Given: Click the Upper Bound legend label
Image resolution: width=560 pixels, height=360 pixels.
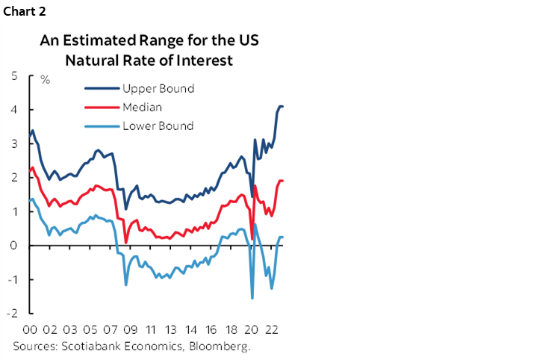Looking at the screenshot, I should pos(158,89).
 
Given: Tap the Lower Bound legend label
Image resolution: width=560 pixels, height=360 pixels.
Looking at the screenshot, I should pos(158,126).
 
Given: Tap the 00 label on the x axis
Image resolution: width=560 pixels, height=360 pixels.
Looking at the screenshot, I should pos(31,329).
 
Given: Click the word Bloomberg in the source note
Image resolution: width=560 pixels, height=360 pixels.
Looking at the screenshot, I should pos(222,347).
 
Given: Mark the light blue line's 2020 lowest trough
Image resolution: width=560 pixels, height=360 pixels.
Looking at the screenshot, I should pos(252,298).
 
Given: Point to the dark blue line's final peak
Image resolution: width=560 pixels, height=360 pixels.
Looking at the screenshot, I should pos(280,106).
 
